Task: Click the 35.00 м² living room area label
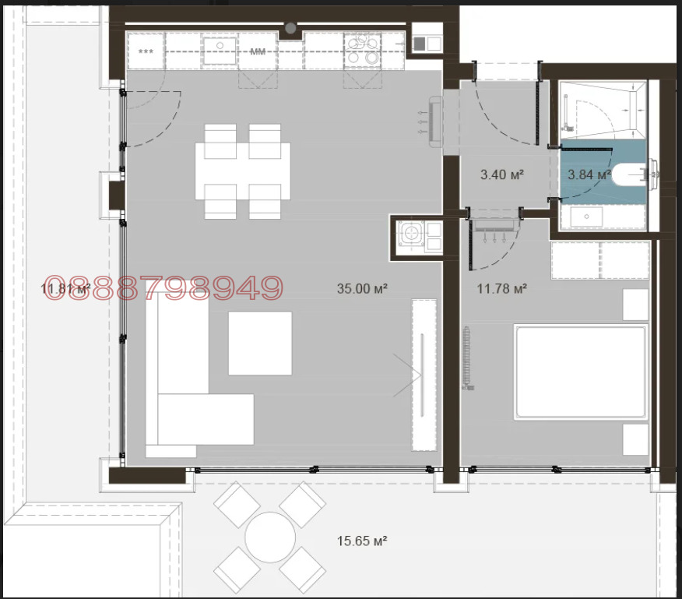click(362, 289)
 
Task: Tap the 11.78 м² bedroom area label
click(502, 289)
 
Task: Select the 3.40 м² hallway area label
click(502, 174)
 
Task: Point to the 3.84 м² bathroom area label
click(589, 174)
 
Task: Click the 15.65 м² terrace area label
click(362, 541)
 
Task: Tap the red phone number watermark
click(163, 287)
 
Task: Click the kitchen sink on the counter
click(220, 51)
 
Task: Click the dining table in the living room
click(243, 171)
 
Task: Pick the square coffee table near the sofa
click(260, 343)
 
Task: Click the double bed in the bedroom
click(581, 372)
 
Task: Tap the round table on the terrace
click(270, 537)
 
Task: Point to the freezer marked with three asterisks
click(146, 51)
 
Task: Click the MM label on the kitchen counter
click(258, 51)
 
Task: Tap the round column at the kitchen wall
click(290, 29)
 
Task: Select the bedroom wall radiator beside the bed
click(466, 358)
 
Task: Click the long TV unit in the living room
click(424, 375)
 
